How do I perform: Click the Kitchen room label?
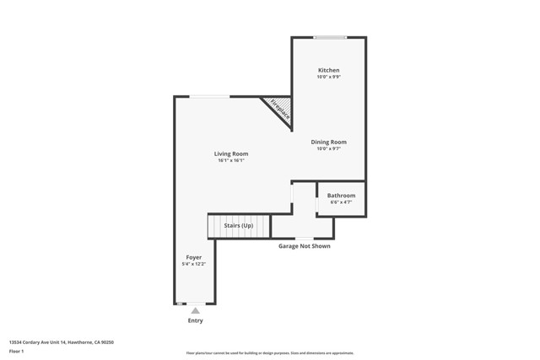coord(328,70)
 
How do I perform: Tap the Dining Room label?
coord(328,142)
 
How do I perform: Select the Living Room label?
coord(230,153)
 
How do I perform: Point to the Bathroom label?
coord(341,196)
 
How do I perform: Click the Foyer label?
coord(193,256)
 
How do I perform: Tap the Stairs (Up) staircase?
coord(238,226)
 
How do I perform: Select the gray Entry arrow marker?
coord(195,310)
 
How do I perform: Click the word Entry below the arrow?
coord(195,320)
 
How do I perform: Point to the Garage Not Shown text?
coord(305,246)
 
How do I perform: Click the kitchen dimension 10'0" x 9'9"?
coord(328,77)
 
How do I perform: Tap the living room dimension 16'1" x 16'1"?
coord(230,160)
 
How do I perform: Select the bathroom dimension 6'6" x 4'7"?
coord(341,202)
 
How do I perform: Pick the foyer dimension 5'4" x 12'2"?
coord(193,264)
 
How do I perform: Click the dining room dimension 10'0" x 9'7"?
coord(328,148)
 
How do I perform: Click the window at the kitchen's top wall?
coord(330,37)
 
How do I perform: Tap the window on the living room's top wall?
coord(209,96)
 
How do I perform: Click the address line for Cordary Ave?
coord(61,342)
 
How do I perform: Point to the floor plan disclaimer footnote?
coord(269,353)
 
